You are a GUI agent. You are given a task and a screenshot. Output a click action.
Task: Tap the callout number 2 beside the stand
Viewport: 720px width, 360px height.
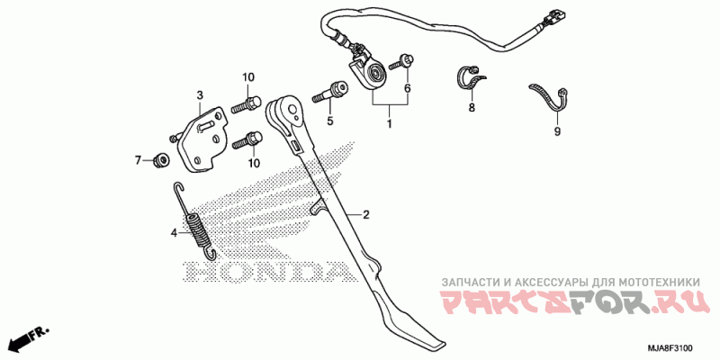(x=367, y=215)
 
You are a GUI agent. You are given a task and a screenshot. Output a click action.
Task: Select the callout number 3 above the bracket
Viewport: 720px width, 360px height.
(x=200, y=94)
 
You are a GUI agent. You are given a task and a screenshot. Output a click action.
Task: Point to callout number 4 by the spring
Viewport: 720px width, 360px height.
(x=174, y=232)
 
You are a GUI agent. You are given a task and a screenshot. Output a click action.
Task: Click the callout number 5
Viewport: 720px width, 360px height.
(x=329, y=121)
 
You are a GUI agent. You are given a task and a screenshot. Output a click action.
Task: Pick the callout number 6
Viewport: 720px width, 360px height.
(x=407, y=89)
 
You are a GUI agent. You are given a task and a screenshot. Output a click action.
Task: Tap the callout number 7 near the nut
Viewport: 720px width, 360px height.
(x=139, y=160)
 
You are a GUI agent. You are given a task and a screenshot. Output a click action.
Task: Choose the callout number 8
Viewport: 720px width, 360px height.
(x=470, y=108)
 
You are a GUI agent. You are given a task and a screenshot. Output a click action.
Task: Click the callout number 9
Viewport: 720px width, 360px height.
(x=556, y=132)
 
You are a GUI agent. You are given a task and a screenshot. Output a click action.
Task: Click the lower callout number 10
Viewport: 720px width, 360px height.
(x=254, y=163)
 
